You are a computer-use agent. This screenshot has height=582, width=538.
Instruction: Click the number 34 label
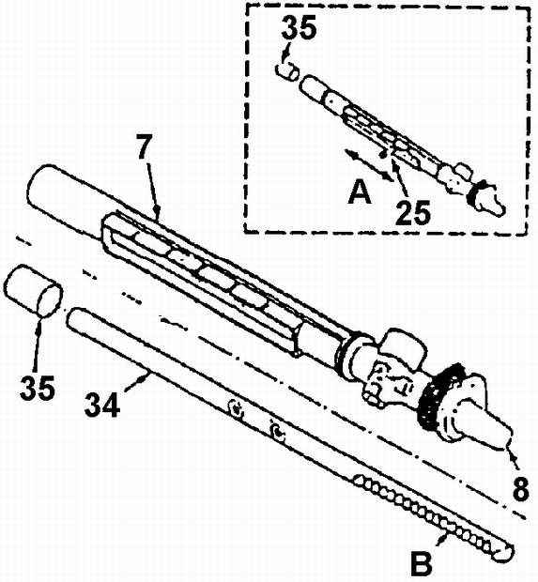point(102,405)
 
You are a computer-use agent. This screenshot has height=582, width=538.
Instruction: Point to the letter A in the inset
point(360,191)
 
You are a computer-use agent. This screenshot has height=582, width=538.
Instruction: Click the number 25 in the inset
point(413,213)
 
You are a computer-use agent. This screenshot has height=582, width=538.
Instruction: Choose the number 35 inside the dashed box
point(299,27)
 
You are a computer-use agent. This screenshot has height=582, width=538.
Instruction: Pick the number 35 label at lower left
point(38,387)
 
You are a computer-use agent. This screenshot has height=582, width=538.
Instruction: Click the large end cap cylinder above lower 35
point(33,290)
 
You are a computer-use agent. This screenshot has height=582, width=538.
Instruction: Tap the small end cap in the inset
point(287,71)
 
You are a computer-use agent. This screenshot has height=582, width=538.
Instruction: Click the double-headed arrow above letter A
point(368,165)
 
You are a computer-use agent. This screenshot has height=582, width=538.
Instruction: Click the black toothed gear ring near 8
point(441,396)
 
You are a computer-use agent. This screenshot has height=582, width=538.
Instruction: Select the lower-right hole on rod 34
point(278,432)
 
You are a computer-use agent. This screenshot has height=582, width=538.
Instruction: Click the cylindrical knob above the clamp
point(404,345)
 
